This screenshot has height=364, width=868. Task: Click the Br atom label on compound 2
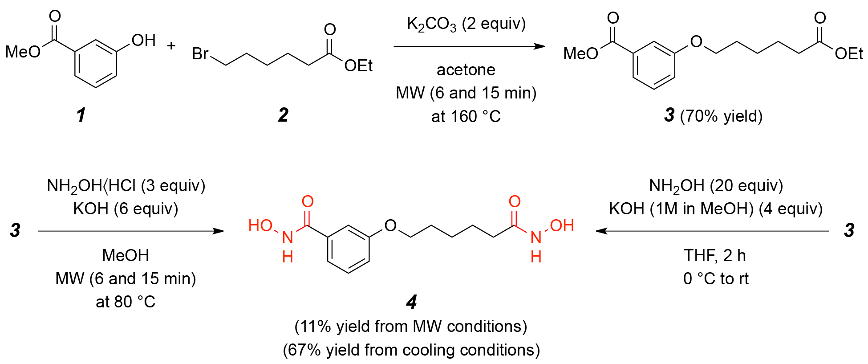pyautogui.click(x=200, y=54)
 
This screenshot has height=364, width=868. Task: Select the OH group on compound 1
pyautogui.click(x=143, y=41)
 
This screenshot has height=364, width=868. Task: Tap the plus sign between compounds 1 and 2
pyautogui.click(x=171, y=45)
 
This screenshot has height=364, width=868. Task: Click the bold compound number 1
pyautogui.click(x=81, y=115)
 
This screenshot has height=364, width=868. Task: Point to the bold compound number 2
pyautogui.click(x=283, y=115)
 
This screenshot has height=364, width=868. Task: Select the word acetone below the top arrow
pyautogui.click(x=466, y=70)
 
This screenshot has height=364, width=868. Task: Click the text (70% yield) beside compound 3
pyautogui.click(x=721, y=116)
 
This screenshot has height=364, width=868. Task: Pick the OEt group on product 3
pyautogui.click(x=849, y=54)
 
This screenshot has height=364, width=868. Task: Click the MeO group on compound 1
pyautogui.click(x=23, y=52)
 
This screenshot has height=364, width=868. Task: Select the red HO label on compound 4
pyautogui.click(x=260, y=225)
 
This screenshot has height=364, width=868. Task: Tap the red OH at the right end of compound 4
pyautogui.click(x=562, y=225)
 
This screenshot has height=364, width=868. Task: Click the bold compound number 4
pyautogui.click(x=412, y=303)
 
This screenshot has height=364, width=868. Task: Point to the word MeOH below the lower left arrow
pyautogui.click(x=126, y=255)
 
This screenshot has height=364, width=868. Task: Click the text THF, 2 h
pyautogui.click(x=715, y=256)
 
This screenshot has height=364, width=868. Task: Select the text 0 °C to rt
pyautogui.click(x=716, y=279)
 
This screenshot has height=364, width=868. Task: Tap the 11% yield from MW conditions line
pyautogui.click(x=411, y=327)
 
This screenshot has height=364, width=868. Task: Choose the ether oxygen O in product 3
pyautogui.click(x=696, y=42)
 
